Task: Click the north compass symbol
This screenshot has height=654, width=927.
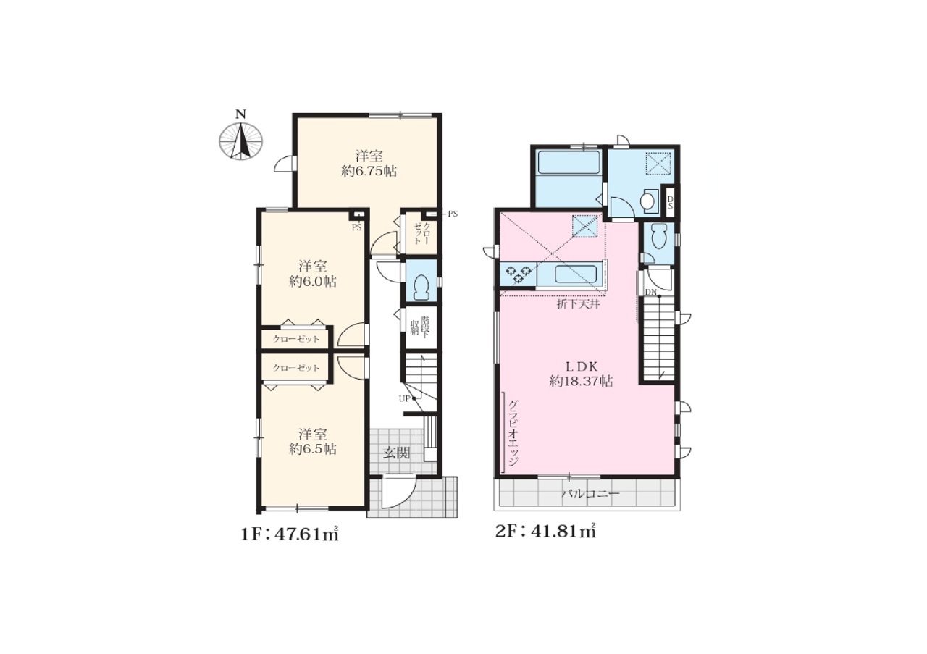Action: (240, 138)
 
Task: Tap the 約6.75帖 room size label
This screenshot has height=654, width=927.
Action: (369, 172)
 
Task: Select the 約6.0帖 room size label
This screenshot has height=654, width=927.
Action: (312, 282)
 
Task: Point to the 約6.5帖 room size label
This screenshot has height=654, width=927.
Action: (312, 449)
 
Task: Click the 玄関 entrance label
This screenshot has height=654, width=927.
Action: (396, 453)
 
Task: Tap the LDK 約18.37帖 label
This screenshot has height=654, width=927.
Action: (581, 374)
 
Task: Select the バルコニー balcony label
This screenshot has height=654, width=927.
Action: (590, 494)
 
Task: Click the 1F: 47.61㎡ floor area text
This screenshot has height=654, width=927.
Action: (290, 534)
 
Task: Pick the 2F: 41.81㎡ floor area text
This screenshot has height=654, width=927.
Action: (545, 532)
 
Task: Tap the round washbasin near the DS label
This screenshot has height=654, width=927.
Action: (647, 201)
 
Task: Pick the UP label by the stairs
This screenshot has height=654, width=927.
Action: (404, 398)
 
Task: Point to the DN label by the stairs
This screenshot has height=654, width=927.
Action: (651, 292)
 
